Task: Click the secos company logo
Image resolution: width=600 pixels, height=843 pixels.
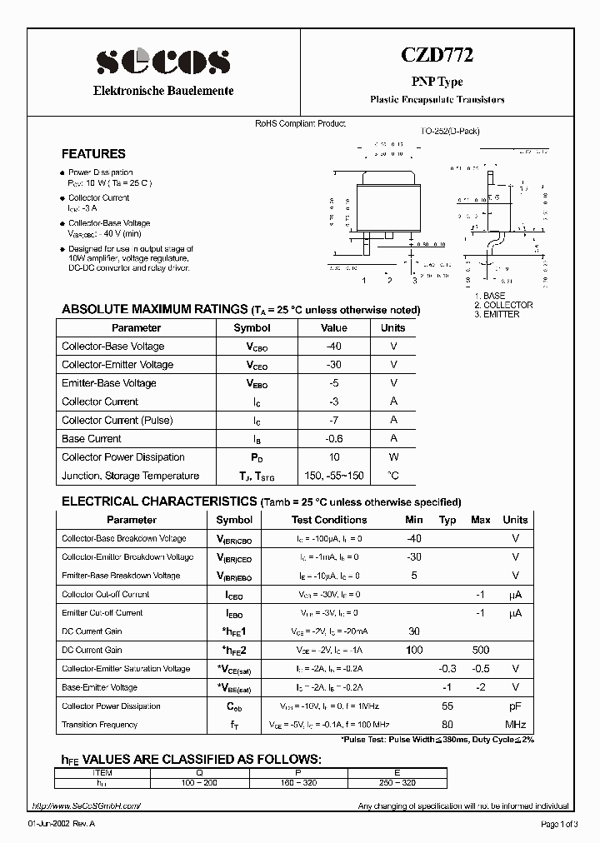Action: (162, 62)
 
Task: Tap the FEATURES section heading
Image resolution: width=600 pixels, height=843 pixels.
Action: (94, 154)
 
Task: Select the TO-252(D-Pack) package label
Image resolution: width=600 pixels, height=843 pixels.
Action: (450, 131)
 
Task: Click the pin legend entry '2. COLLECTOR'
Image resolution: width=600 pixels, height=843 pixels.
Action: (502, 305)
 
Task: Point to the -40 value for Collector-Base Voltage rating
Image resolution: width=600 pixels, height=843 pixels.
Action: (334, 347)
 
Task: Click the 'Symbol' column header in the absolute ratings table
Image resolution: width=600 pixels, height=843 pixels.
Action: (252, 328)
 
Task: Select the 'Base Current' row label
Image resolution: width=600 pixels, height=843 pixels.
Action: (92, 439)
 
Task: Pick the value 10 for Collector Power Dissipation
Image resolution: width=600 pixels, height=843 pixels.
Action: (334, 457)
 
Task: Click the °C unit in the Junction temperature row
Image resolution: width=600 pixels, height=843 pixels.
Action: (393, 476)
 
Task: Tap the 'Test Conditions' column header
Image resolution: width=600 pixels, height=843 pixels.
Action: (329, 520)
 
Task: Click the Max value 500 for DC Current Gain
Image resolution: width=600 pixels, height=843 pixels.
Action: (480, 650)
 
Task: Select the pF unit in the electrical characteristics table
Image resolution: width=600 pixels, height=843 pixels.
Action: (516, 706)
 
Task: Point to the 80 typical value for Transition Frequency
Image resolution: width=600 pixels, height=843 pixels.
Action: (447, 725)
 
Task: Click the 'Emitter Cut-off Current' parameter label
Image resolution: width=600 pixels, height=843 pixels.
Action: (102, 613)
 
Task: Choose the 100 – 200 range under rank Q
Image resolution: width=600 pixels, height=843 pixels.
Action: (198, 783)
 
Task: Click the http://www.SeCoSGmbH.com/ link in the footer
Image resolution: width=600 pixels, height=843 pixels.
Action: (87, 806)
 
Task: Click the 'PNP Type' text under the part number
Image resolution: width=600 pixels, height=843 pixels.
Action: (437, 82)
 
